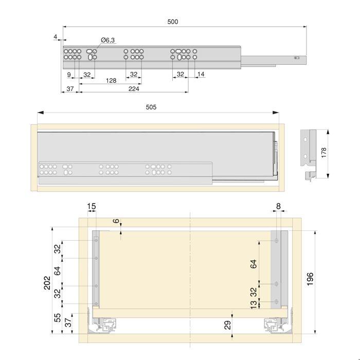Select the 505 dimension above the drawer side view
151,107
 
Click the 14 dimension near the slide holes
201,75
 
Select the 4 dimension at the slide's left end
55,37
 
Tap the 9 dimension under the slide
69,75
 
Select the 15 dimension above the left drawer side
92,207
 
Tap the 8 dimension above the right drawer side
278,207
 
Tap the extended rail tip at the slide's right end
300,59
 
